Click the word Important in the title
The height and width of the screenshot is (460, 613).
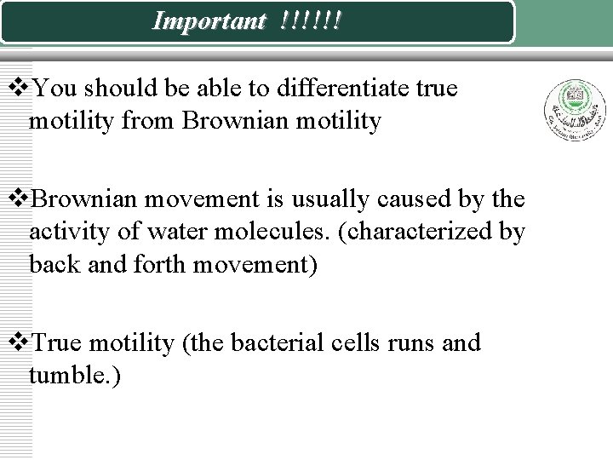point(208,21)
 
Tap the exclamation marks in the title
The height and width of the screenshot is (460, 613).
point(310,21)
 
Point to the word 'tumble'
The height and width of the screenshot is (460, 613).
point(72,377)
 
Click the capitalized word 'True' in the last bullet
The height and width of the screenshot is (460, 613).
point(61,343)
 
